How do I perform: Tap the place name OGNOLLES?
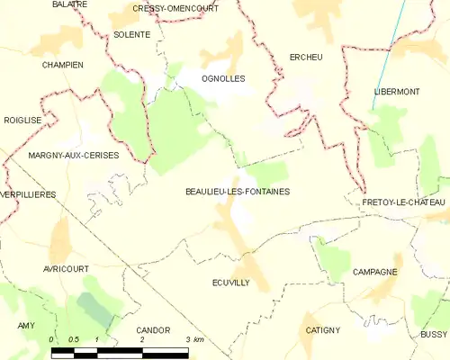(x=223, y=78)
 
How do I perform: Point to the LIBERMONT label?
(x=397, y=93)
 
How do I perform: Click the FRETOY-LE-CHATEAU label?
(x=405, y=203)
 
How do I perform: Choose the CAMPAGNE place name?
(x=375, y=271)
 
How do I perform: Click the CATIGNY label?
(x=322, y=329)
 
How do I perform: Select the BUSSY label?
(x=433, y=334)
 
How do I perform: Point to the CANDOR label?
(x=153, y=330)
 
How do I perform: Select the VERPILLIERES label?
(x=28, y=194)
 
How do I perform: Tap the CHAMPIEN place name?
(x=62, y=66)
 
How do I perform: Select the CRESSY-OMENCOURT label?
(x=175, y=8)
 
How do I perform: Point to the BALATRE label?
(x=69, y=4)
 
